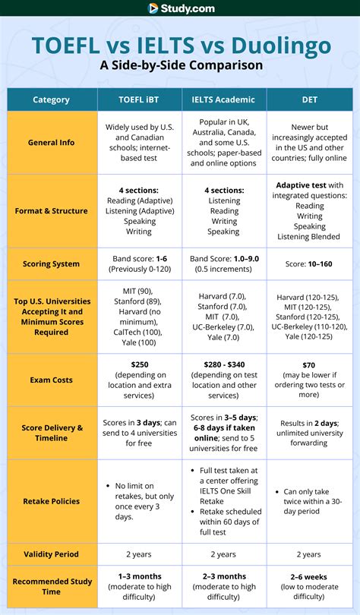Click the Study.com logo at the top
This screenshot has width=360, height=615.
[x=180, y=8]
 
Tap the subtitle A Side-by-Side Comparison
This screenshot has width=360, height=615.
[x=181, y=65]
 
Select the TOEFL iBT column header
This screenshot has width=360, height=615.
[x=138, y=99]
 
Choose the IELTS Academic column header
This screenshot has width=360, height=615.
[x=223, y=99]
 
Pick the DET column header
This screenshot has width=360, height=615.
[x=309, y=99]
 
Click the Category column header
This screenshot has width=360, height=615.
[x=52, y=99]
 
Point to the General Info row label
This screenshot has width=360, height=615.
[x=52, y=142]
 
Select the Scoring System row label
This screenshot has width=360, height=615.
[x=52, y=263]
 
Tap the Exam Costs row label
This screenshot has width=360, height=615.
[x=52, y=379]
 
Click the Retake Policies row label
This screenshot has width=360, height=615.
[x=52, y=500]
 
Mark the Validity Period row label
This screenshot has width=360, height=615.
[x=52, y=554]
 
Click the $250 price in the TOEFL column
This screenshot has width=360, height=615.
[x=138, y=364]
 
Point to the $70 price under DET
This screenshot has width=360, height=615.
[x=309, y=365]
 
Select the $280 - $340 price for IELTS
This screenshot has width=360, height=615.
[x=223, y=364]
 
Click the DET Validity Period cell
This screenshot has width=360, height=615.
[x=309, y=554]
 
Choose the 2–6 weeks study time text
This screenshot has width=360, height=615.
[x=309, y=576]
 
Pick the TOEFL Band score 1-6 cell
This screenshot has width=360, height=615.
[x=138, y=258]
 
